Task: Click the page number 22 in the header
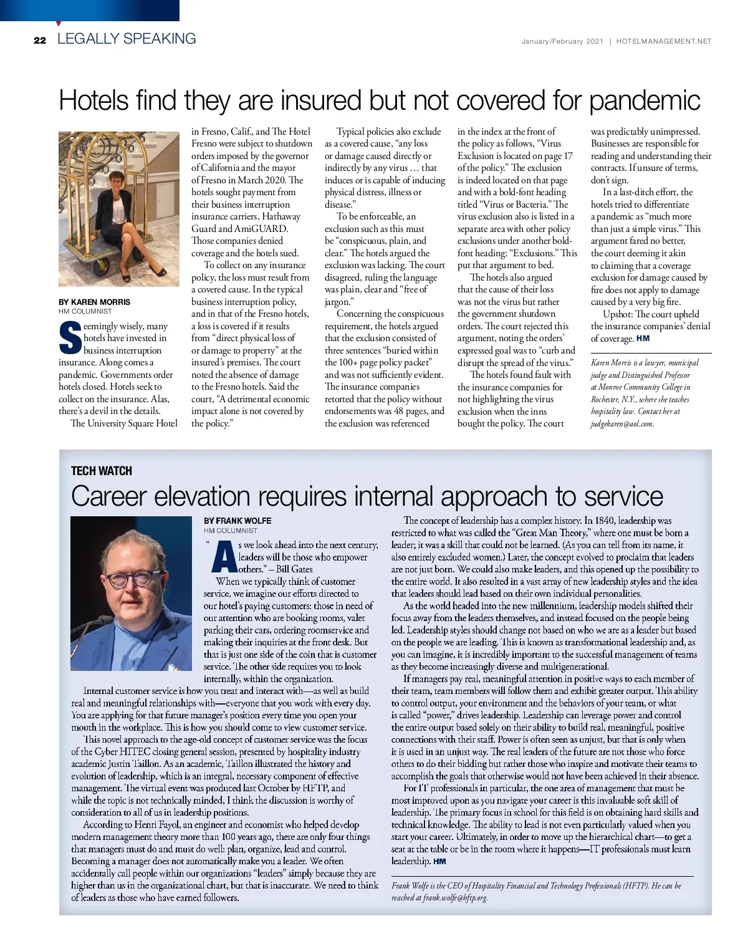(40, 41)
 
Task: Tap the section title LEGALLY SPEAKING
(127, 39)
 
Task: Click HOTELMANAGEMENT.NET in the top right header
(664, 42)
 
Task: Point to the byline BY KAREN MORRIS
(95, 302)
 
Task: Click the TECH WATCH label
(102, 471)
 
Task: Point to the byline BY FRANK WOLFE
(237, 521)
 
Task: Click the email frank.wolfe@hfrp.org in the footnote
(456, 898)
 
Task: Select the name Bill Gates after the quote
(294, 569)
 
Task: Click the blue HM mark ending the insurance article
(643, 339)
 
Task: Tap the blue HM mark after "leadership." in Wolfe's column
(439, 861)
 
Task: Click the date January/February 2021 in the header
(562, 42)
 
